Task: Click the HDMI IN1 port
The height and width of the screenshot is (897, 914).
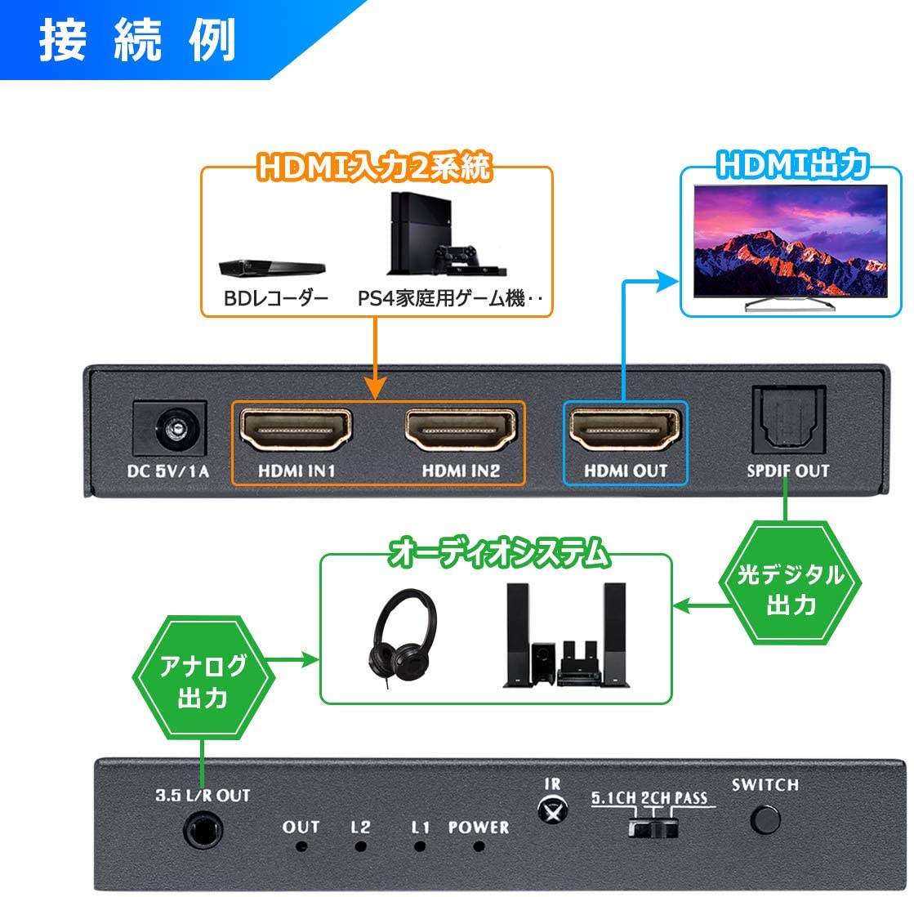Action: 296,431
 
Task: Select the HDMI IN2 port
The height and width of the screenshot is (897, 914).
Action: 461,431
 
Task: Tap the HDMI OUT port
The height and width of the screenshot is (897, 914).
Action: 625,431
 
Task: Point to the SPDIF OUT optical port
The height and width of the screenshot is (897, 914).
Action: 788,419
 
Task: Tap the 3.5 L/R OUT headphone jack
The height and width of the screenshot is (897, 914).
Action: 203,831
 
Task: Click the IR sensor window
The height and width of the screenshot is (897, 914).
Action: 552,810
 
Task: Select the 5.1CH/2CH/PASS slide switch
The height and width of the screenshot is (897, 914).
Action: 653,828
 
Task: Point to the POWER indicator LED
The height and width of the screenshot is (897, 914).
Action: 479,846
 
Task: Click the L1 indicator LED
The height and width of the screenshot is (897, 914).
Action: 419,846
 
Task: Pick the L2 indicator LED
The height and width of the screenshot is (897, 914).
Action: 360,846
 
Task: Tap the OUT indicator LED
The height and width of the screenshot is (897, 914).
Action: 301,846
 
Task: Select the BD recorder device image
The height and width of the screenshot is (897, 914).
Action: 272,267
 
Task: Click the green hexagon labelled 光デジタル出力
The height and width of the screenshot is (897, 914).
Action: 791,583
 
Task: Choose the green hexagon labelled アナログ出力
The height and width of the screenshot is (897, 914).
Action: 203,678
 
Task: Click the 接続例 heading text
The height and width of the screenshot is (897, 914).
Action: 137,40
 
